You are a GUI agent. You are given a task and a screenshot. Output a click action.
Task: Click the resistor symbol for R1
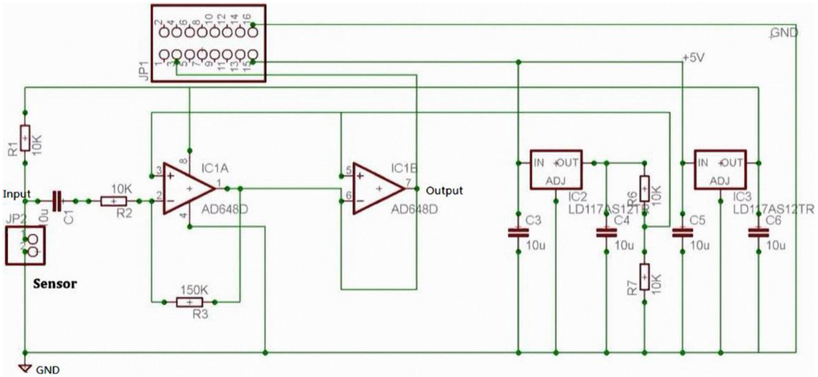[x=26, y=139]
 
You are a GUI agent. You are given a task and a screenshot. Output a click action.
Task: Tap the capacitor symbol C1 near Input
[x=57, y=200]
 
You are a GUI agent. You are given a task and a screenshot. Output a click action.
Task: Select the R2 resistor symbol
[x=113, y=201]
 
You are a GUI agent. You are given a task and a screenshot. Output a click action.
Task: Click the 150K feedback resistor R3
[x=189, y=302]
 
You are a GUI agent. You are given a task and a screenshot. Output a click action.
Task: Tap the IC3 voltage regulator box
[x=720, y=170]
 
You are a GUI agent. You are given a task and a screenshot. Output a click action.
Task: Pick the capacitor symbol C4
[x=606, y=233]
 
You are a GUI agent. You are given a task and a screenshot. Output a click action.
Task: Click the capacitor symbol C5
[x=681, y=233]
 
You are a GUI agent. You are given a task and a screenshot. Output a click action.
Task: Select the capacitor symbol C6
[x=756, y=233]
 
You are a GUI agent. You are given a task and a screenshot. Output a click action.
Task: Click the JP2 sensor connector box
[x=27, y=245]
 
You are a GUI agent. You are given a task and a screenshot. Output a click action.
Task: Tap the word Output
[x=446, y=191]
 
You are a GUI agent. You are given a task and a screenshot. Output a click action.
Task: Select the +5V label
[x=695, y=58]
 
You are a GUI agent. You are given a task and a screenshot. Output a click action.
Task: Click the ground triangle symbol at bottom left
[x=26, y=369]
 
